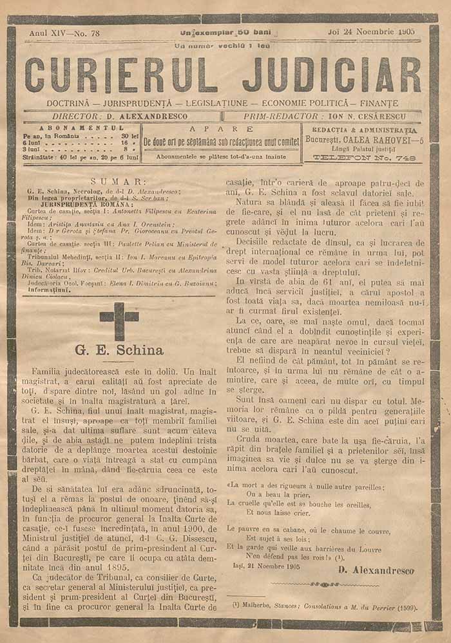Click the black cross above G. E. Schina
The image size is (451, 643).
[119, 320]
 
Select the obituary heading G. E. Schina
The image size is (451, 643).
[119, 351]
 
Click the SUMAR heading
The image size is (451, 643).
[119, 182]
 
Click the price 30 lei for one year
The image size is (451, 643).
[130, 136]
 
